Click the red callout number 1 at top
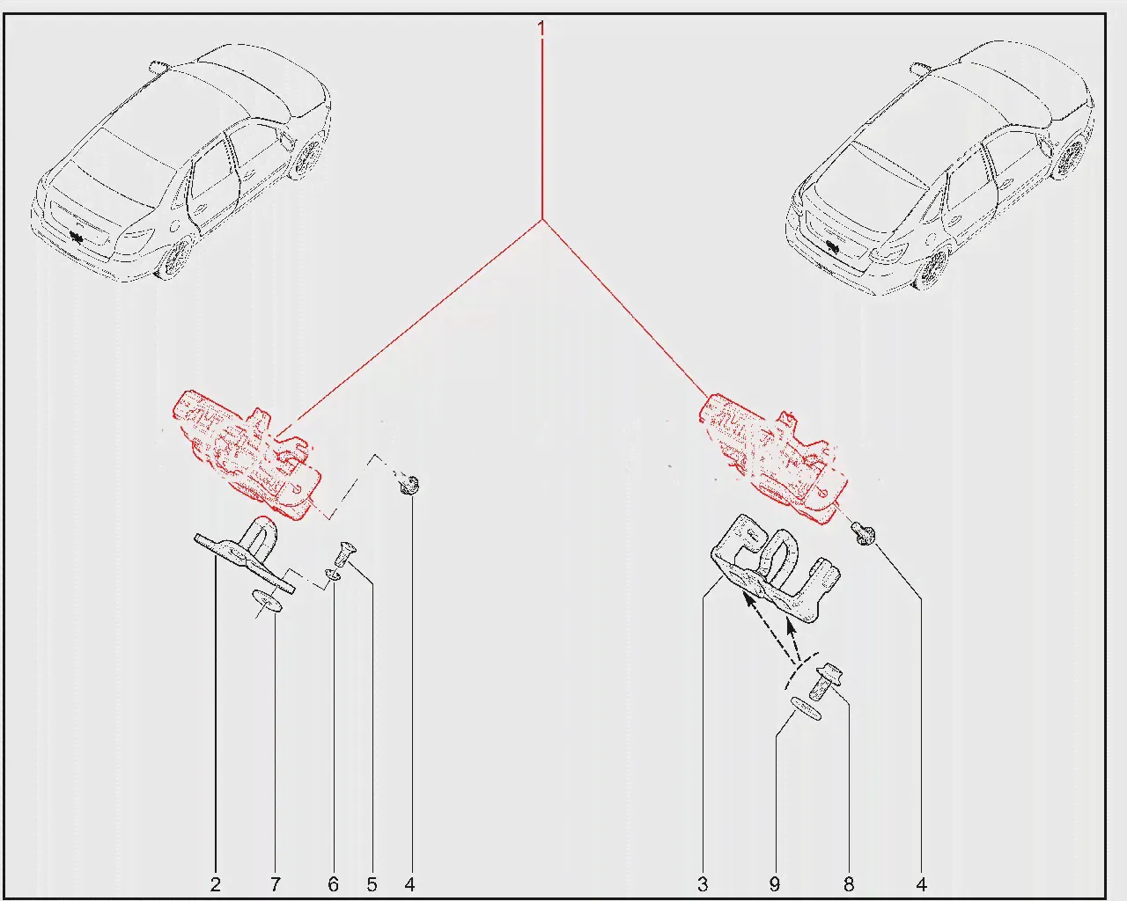point(541,28)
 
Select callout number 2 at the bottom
point(215,884)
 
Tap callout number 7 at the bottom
point(276,884)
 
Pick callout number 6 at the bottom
point(333,884)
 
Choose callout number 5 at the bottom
point(372,884)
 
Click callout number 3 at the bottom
point(703,884)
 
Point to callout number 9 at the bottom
point(775,884)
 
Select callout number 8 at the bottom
point(849,884)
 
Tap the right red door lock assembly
point(774,458)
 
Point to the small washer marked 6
point(333,575)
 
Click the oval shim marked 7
point(267,600)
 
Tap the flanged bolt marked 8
point(827,681)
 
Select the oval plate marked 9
point(806,707)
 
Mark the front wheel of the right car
point(932,269)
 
